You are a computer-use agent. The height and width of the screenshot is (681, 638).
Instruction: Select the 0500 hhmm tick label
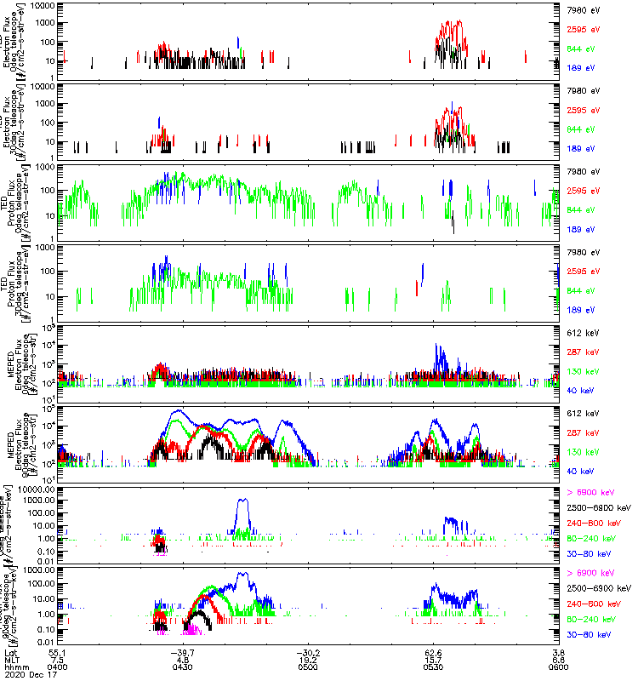point(309,667)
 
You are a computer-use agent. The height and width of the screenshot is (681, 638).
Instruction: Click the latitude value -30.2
point(309,651)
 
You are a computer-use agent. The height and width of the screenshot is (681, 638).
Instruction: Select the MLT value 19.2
point(309,660)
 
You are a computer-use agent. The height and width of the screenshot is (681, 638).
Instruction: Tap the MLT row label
point(12,660)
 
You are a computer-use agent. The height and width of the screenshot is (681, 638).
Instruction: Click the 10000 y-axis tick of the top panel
point(43,5)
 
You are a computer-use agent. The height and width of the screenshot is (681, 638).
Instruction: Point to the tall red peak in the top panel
point(459,22)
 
